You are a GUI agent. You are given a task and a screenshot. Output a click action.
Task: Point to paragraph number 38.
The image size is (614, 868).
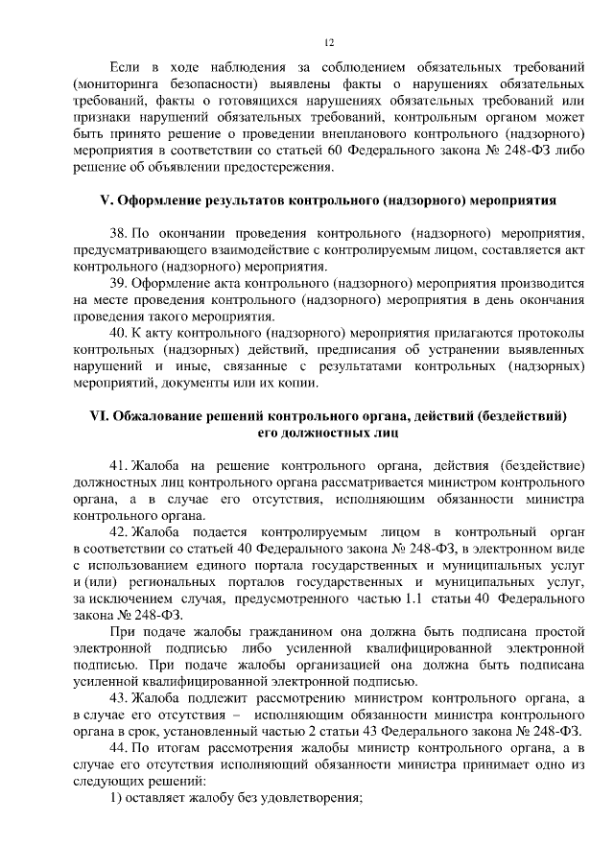(119, 233)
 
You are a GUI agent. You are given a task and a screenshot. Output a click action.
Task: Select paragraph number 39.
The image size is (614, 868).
(119, 285)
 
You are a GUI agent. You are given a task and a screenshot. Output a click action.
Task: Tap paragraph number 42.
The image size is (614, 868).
(119, 531)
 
